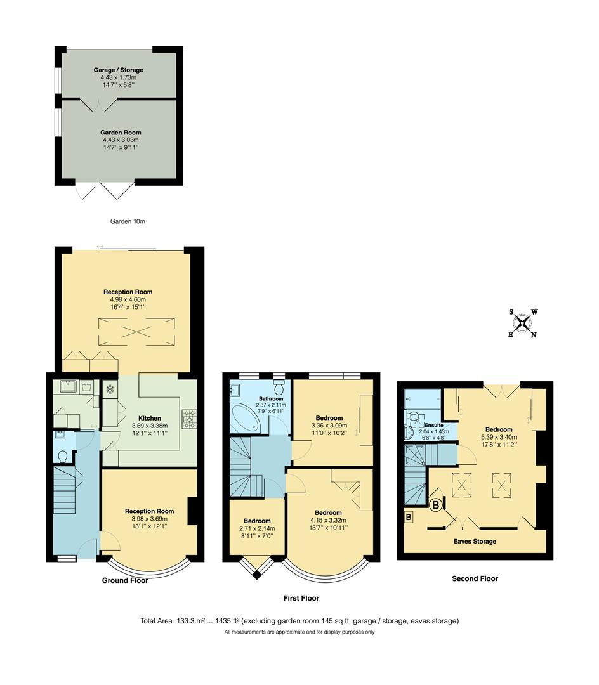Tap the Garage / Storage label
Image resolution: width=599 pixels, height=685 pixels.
[118, 70]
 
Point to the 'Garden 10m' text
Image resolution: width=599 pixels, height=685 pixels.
[128, 221]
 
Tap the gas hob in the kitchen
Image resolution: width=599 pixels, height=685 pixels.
[190, 419]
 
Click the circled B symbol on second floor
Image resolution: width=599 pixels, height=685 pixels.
[437, 506]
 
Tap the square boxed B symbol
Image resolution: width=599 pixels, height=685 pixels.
[409, 517]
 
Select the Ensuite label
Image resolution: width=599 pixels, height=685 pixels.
[433, 424]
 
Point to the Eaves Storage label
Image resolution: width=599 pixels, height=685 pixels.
[475, 541]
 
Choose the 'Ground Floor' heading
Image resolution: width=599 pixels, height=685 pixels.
[125, 580]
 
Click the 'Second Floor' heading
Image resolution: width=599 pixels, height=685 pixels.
[475, 578]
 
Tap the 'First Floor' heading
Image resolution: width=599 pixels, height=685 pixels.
[301, 598]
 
